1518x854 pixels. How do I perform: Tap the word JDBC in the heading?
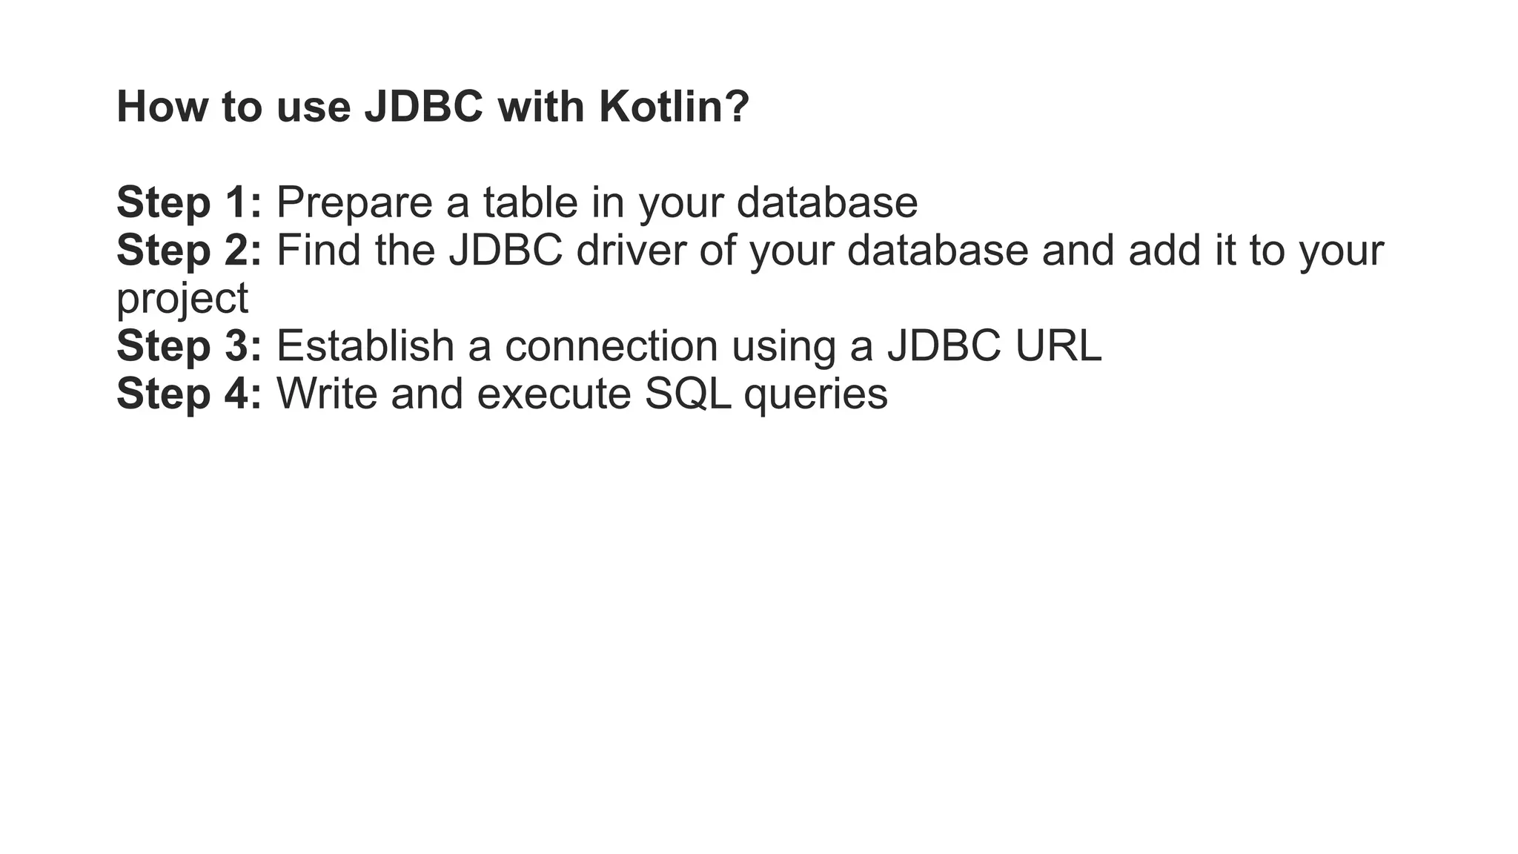423,107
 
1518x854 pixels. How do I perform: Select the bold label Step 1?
189,202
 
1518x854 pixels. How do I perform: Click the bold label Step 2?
189,251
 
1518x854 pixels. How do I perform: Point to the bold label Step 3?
189,345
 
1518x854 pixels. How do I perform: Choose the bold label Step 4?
189,394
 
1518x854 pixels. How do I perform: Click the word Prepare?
354,202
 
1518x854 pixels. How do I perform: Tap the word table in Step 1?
530,202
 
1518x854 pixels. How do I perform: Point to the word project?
182,299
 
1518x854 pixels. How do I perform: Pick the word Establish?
365,345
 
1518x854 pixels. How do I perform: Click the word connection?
611,345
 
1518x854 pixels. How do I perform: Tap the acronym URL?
1058,345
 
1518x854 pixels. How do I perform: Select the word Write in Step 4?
327,394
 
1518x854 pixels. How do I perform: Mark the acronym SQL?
688,394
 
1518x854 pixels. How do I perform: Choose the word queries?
815,394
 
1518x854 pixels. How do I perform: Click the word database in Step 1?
827,202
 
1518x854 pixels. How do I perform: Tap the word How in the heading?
162,107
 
